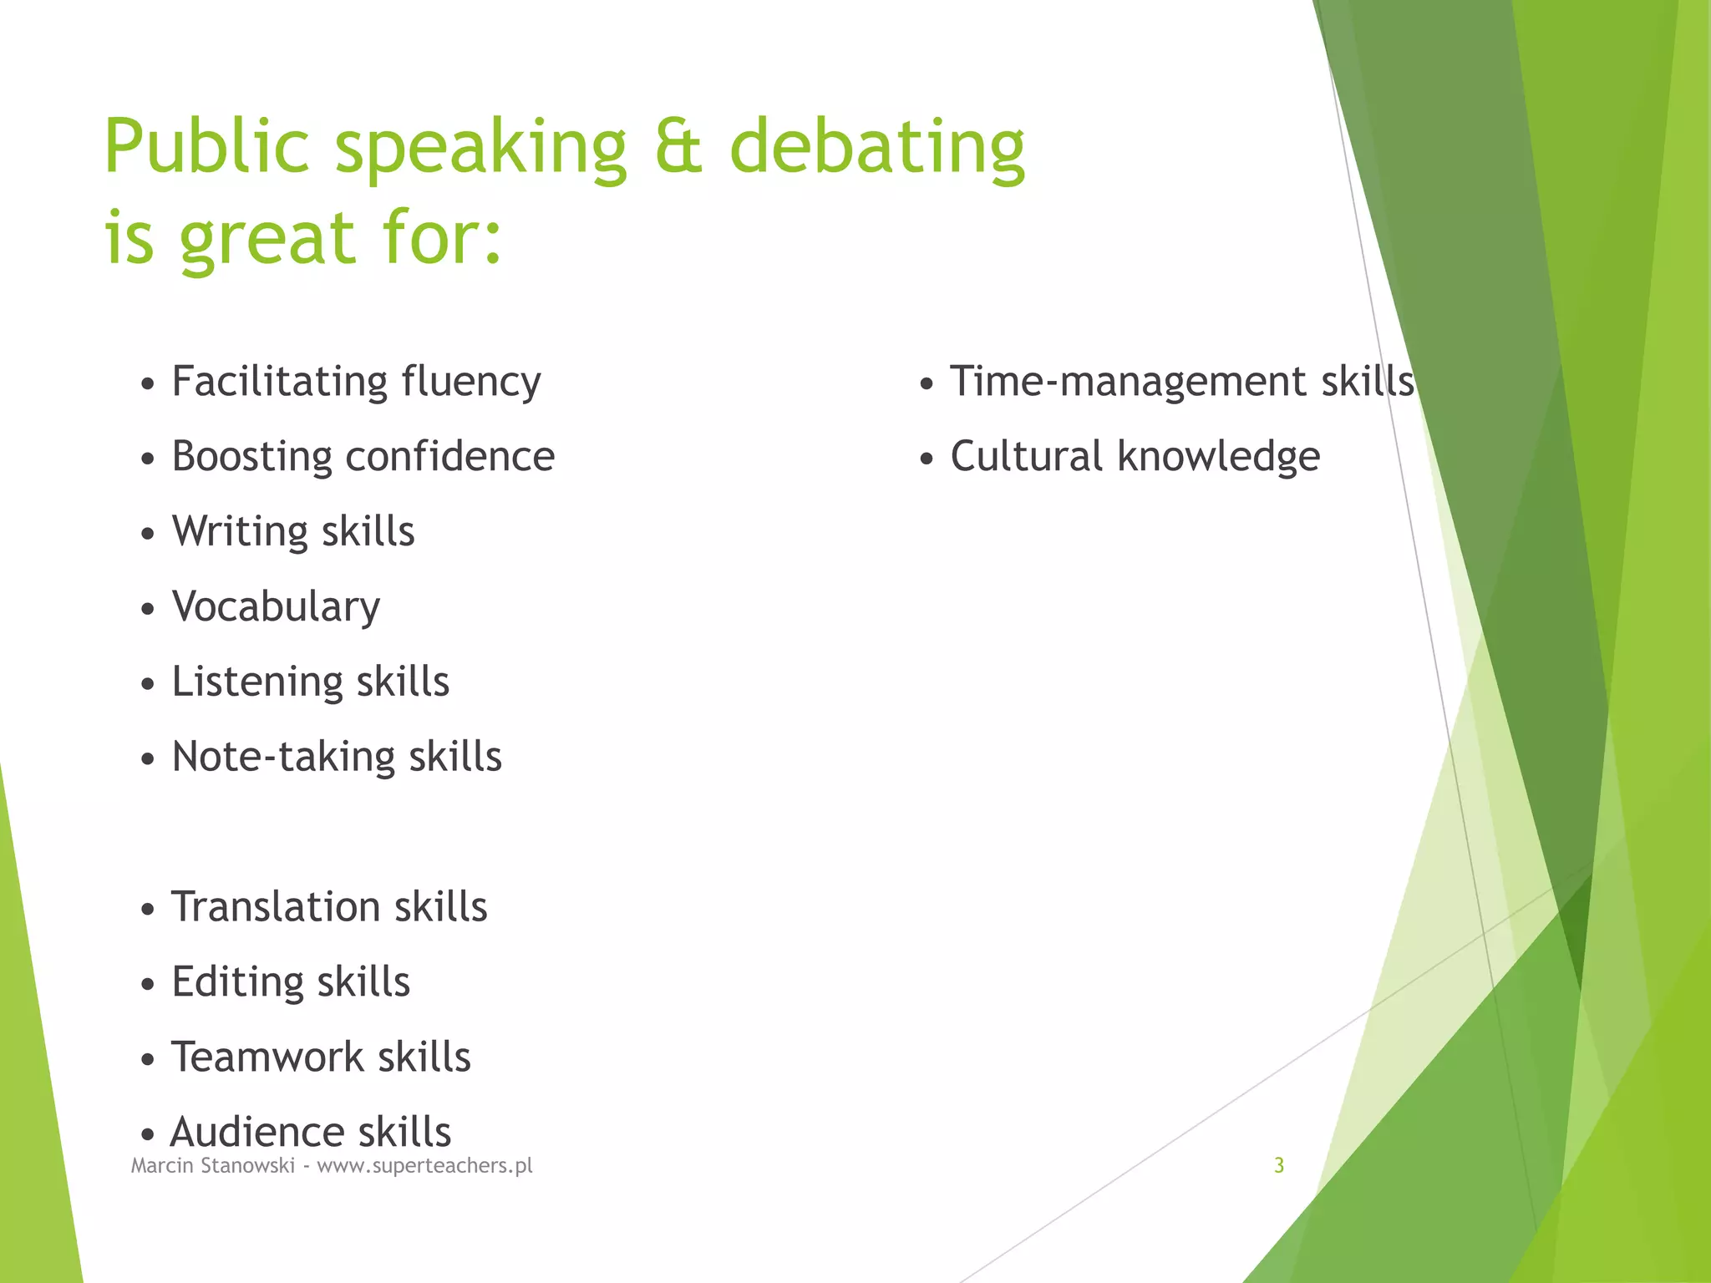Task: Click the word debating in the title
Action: coord(876,149)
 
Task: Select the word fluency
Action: coord(470,383)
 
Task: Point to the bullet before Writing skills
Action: coord(148,534)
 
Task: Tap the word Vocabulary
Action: coord(276,607)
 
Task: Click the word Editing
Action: coord(236,982)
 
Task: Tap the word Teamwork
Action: coord(267,1057)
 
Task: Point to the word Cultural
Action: coord(1026,457)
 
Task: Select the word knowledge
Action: coord(1218,458)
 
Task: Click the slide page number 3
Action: coord(1278,1165)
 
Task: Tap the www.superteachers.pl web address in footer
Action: coord(424,1166)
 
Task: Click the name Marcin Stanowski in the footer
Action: coord(213,1165)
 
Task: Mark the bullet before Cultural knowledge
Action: coord(926,459)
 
